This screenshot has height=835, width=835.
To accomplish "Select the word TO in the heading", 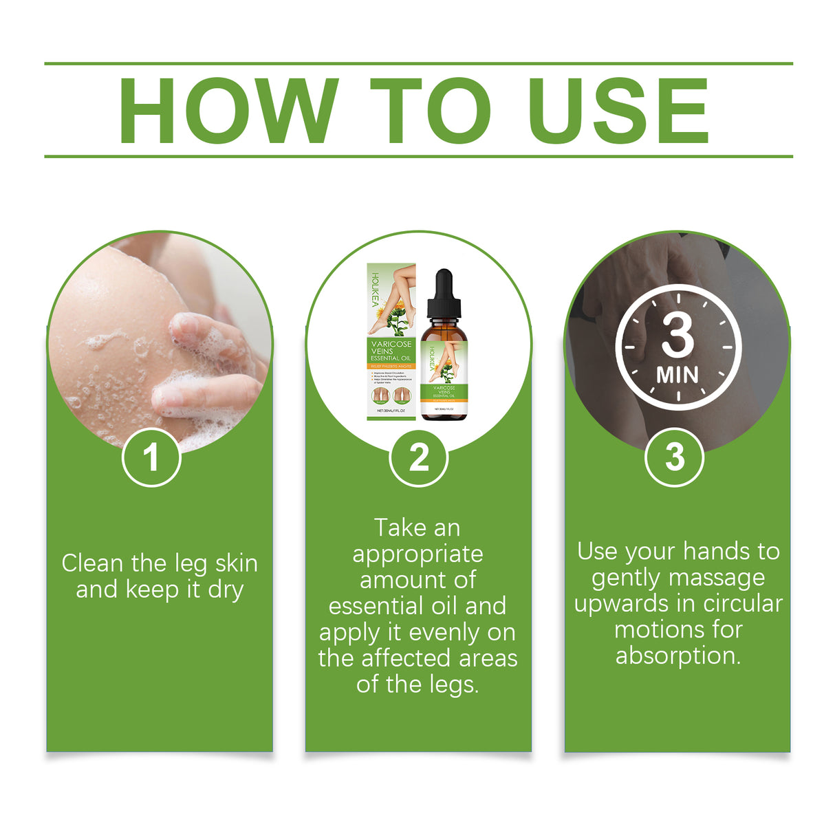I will pos(431,111).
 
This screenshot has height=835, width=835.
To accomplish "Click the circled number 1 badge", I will pos(151,457).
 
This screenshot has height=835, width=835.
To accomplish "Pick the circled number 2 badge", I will pos(418,457).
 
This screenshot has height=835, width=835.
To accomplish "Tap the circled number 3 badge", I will pos(674,457).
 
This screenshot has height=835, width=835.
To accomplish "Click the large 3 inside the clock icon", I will pos(677,336).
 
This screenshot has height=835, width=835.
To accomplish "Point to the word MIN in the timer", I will pos(677,376).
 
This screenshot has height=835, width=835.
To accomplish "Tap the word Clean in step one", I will pos(93,563).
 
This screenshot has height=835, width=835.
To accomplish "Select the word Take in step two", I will pos(400,528).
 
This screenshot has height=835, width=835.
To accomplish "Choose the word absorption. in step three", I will pos(678,655).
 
